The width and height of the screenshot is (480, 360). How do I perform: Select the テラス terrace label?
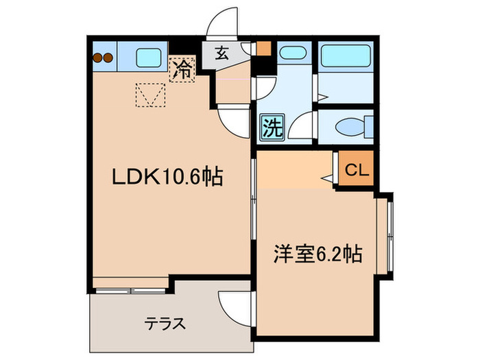[165, 323]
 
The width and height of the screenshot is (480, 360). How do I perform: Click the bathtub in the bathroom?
[345, 54]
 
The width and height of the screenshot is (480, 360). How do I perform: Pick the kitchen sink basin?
[147, 56]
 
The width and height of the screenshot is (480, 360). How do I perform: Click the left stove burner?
[97, 59]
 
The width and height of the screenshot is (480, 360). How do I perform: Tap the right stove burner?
[108, 59]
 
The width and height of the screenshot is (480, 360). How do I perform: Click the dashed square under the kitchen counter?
[150, 94]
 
